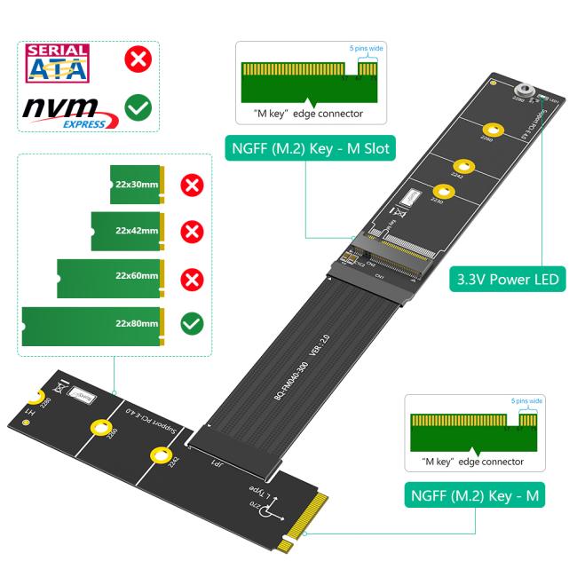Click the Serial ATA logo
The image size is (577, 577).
(x=59, y=64)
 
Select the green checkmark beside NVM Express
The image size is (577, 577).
(x=137, y=109)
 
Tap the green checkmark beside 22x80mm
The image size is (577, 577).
(x=191, y=323)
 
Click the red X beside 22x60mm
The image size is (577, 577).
(x=191, y=278)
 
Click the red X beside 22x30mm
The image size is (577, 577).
(x=191, y=186)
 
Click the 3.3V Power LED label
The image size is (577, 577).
(x=507, y=280)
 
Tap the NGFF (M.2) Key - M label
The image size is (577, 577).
(x=475, y=495)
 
